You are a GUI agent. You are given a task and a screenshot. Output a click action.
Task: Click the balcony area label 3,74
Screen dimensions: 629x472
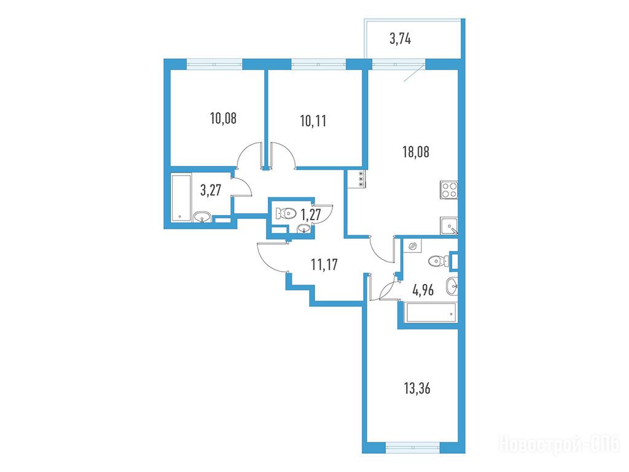click(x=400, y=39)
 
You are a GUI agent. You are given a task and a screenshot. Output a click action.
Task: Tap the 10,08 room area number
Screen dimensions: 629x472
click(x=223, y=119)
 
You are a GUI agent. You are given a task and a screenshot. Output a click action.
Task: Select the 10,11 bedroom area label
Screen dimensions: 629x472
click(x=313, y=121)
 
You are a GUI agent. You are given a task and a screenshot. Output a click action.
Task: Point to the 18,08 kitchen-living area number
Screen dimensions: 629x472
click(x=416, y=152)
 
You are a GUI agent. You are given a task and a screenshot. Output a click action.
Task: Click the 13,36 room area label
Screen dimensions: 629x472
click(x=417, y=388)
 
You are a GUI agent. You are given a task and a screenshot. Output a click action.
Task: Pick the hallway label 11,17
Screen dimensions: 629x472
click(x=324, y=264)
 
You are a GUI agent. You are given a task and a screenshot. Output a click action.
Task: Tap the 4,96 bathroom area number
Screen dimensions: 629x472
click(x=423, y=289)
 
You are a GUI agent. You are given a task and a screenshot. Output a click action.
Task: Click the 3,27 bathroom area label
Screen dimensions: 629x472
click(x=211, y=189)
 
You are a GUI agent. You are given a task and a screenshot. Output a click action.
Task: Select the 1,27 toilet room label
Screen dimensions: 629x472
click(x=310, y=214)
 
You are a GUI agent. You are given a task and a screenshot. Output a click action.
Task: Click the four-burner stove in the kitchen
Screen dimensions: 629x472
click(x=449, y=189)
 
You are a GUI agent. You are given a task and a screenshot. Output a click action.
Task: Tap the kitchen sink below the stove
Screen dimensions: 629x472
click(x=449, y=226)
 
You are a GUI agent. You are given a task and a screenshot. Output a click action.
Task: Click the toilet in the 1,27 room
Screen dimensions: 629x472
click(x=286, y=213)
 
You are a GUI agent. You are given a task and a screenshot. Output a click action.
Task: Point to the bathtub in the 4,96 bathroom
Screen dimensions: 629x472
click(x=431, y=313)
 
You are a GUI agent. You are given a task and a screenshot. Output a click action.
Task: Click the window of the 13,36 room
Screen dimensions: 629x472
click(x=413, y=447)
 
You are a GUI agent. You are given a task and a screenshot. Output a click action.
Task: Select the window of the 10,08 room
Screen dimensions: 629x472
click(x=214, y=64)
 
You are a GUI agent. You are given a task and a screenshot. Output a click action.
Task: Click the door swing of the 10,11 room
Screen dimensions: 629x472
click(x=284, y=154)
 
